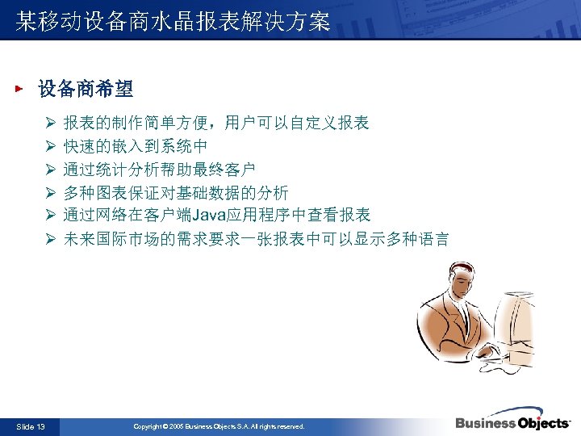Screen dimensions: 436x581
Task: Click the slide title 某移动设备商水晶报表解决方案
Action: coord(173,22)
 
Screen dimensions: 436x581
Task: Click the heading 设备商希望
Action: coord(86,88)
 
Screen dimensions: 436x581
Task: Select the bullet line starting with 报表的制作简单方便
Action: coord(216,124)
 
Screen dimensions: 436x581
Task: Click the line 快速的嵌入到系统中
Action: coord(136,146)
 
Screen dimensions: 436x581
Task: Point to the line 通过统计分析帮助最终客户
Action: coord(160,170)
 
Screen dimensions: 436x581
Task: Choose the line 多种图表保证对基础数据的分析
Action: coord(176,192)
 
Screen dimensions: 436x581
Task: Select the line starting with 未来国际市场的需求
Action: coord(257,239)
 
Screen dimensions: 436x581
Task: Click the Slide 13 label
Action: coord(31,426)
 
